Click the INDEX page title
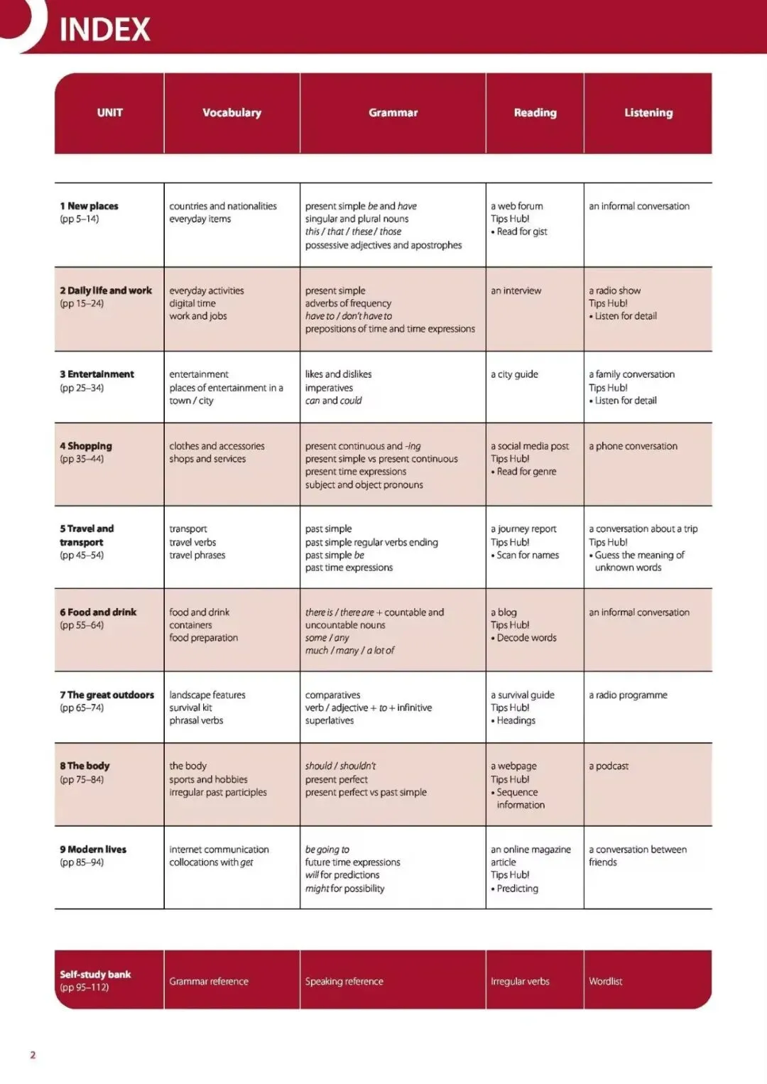click(104, 30)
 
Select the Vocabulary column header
click(232, 113)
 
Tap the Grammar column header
click(393, 113)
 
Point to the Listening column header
click(648, 113)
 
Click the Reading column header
click(535, 113)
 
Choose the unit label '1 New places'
click(89, 206)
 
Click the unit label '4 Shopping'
click(86, 446)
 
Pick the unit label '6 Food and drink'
click(98, 612)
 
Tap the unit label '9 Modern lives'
click(93, 850)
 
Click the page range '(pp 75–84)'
click(82, 779)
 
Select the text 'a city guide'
click(514, 374)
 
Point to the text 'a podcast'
click(609, 766)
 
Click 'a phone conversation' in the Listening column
click(633, 446)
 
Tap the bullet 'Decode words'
click(526, 638)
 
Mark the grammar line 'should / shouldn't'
click(340, 766)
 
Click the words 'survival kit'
click(190, 708)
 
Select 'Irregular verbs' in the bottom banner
click(520, 982)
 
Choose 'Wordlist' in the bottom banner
click(605, 982)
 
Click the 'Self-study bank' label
click(95, 975)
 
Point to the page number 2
click(33, 1055)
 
